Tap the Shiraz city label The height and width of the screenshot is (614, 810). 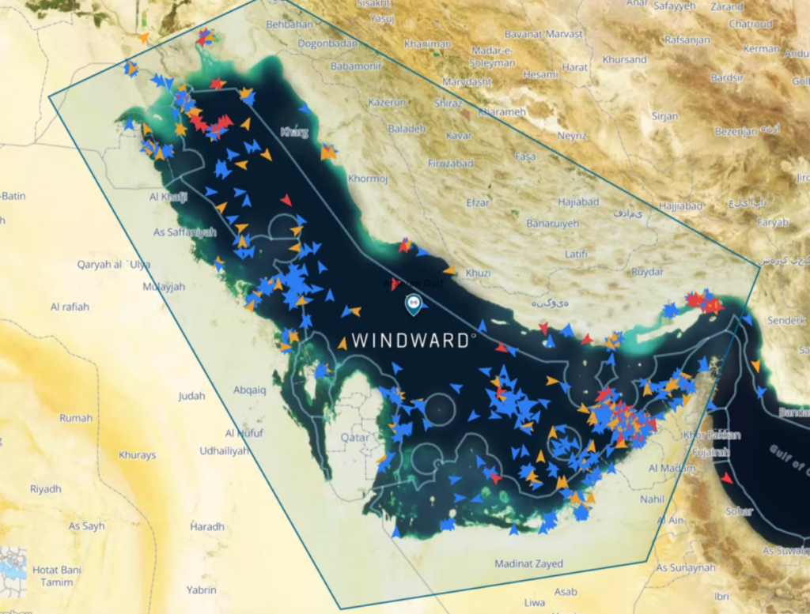point(448,103)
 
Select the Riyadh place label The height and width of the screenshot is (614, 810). point(45,489)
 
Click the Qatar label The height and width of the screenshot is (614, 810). point(354,436)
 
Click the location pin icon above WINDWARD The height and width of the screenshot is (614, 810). point(412,303)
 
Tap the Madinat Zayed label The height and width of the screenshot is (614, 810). point(528,564)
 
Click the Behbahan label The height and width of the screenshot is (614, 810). point(290,25)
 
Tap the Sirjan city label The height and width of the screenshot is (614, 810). point(664,116)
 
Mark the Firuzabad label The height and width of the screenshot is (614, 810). point(449,164)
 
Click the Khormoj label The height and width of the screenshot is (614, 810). point(368,179)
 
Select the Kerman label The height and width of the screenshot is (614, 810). point(762,49)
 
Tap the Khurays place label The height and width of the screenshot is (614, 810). point(137,455)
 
